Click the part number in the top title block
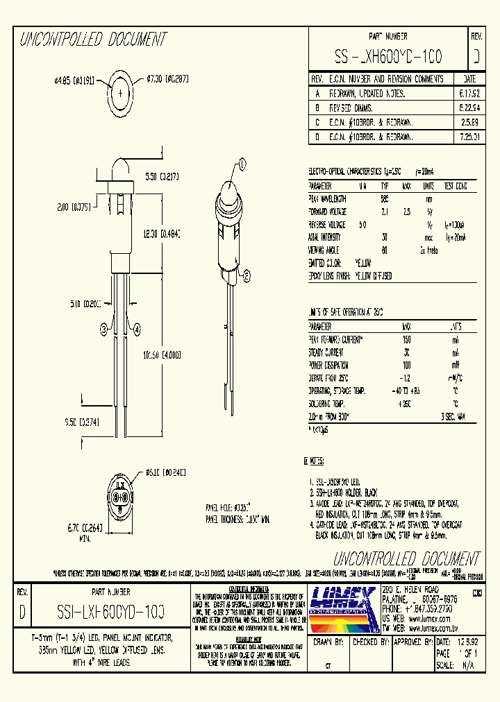click(388, 55)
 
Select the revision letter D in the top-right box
click(476, 55)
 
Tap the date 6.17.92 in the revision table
click(469, 93)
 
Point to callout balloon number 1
click(243, 164)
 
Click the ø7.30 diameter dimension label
click(168, 80)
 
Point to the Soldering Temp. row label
click(328, 404)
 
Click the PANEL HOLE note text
click(228, 508)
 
